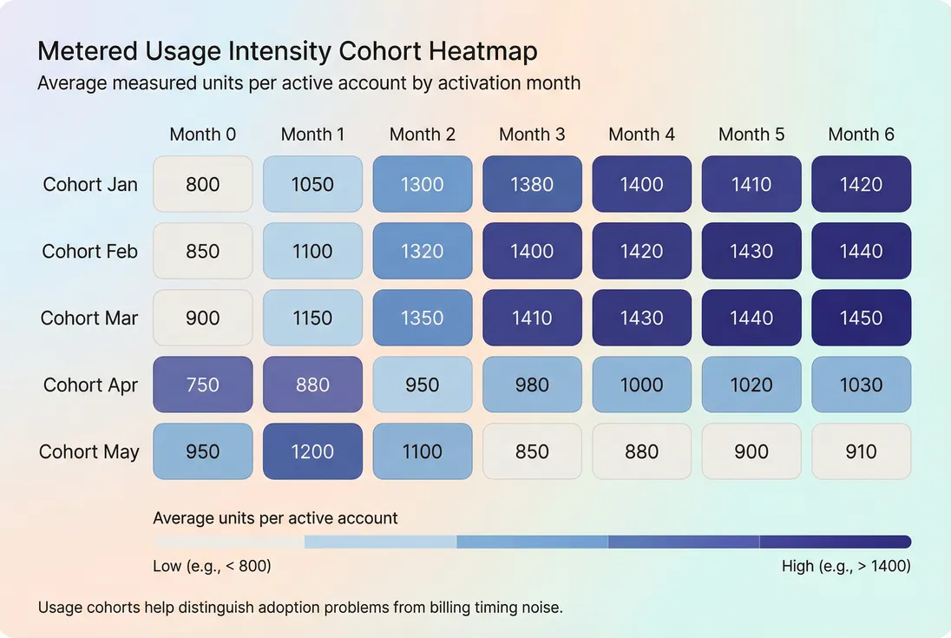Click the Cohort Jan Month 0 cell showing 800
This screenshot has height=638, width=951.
point(202,184)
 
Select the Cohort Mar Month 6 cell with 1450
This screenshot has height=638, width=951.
point(861,318)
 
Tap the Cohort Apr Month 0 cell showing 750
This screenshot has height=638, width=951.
point(202,385)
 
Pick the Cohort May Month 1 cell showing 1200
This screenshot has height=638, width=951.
point(312,451)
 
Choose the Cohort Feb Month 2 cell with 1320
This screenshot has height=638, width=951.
point(422,251)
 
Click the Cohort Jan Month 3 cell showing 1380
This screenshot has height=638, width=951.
point(532,184)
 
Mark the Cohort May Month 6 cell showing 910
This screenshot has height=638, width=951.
point(861,451)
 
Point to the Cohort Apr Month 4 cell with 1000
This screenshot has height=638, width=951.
point(641,385)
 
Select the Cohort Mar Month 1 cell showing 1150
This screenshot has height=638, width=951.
point(312,318)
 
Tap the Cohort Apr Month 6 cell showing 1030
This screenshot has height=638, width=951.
point(861,385)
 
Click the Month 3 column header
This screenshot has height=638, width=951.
point(532,135)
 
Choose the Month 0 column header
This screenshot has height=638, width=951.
point(202,135)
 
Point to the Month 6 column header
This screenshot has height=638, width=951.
point(861,135)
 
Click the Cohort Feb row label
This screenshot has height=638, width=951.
point(90,252)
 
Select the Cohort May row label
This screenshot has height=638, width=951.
point(89,452)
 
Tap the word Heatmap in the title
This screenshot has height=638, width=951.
point(484,52)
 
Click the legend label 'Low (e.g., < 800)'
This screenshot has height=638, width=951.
point(212,567)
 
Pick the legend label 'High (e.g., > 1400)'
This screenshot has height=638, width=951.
point(846,567)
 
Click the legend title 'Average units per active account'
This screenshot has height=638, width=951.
point(275,518)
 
